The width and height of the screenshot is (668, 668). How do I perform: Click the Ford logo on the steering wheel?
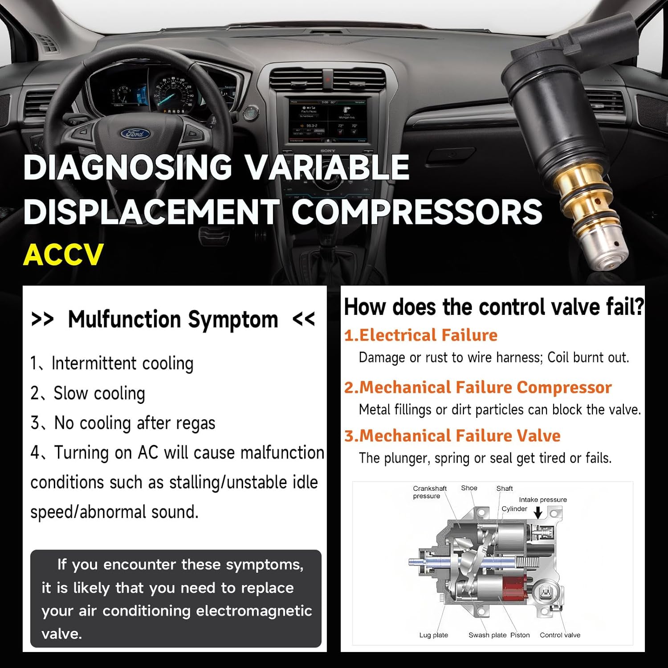tap(135, 133)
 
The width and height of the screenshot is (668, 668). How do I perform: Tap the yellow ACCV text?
tap(63, 255)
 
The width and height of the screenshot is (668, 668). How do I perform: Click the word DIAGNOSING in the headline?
tap(128, 167)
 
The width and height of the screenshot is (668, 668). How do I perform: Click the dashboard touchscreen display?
tap(328, 120)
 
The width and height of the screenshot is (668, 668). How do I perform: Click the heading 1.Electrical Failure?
tap(421, 335)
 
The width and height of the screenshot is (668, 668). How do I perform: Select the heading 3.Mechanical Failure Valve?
tap(452, 436)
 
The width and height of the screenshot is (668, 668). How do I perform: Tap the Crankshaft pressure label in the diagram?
tap(429, 492)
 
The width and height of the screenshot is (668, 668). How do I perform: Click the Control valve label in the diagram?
tap(560, 635)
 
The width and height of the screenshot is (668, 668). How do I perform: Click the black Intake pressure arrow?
tap(538, 513)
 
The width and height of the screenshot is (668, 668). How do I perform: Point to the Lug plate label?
tap(433, 635)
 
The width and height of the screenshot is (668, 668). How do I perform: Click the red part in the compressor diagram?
tap(513, 587)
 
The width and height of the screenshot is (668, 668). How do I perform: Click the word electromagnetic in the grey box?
tap(254, 611)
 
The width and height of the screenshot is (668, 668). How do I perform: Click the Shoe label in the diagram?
tap(469, 488)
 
